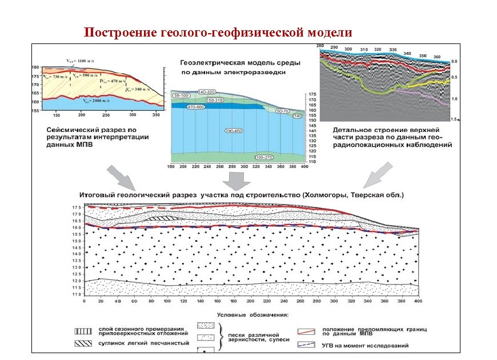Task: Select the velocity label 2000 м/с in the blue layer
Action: click(x=95, y=101)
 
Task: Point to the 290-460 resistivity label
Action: click(x=233, y=131)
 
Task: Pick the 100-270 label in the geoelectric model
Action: click(x=264, y=157)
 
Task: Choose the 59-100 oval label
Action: click(x=183, y=95)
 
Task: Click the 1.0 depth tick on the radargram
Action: click(x=454, y=99)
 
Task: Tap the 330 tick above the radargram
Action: click(x=392, y=50)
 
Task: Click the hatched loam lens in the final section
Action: click(x=159, y=218)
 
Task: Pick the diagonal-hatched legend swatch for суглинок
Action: click(x=84, y=343)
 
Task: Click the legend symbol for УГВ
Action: click(x=307, y=345)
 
